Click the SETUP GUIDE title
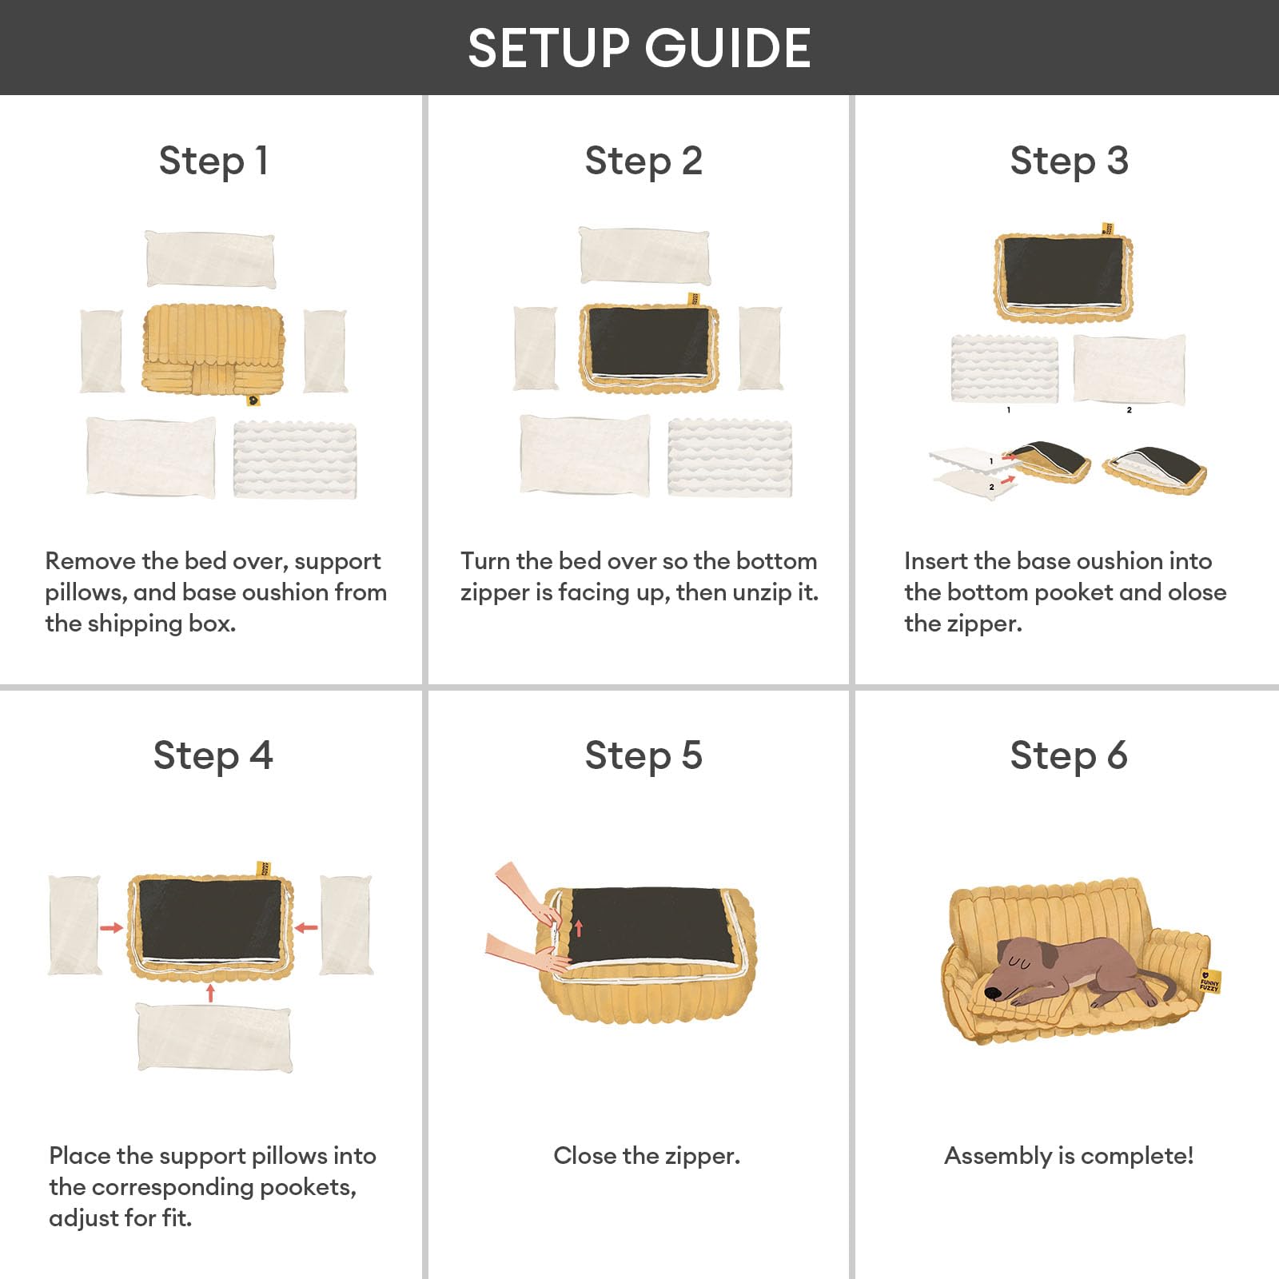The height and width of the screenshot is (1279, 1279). tap(639, 48)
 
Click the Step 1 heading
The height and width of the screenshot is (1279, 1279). tap(213, 161)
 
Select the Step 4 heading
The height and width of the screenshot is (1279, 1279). tap(213, 755)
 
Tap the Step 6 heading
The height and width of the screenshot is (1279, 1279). tap(1069, 755)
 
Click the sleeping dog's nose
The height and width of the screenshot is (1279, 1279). tap(992, 994)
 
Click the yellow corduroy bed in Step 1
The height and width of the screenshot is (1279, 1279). tap(213, 350)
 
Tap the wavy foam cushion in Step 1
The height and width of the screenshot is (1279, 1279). tap(295, 460)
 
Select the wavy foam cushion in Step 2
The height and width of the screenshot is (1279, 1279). tap(730, 457)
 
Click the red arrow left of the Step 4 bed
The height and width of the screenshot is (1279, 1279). tap(112, 928)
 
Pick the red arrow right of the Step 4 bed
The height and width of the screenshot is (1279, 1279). tap(306, 928)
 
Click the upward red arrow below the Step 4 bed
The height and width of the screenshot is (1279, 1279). tap(211, 993)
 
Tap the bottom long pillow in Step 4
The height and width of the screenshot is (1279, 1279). tap(214, 1038)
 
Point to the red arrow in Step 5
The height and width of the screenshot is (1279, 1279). tap(579, 927)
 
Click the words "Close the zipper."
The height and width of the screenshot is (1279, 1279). tap(647, 1156)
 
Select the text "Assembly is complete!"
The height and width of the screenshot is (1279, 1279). tap(1069, 1156)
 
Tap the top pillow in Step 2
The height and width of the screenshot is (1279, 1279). tap(644, 256)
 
